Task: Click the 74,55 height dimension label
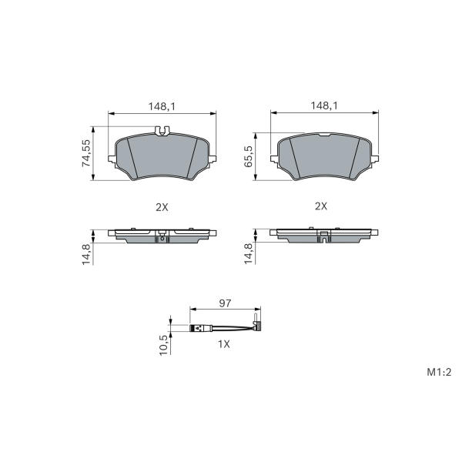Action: (x=86, y=153)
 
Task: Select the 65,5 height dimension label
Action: (x=249, y=156)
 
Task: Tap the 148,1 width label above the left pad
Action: (x=162, y=107)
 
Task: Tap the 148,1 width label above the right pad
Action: (x=324, y=105)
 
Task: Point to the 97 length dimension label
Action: (x=225, y=303)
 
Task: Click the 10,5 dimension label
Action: (x=164, y=345)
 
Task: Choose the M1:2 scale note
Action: (x=439, y=372)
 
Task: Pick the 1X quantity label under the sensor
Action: (x=224, y=344)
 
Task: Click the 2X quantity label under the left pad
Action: (x=162, y=207)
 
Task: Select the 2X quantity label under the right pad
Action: (x=321, y=206)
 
